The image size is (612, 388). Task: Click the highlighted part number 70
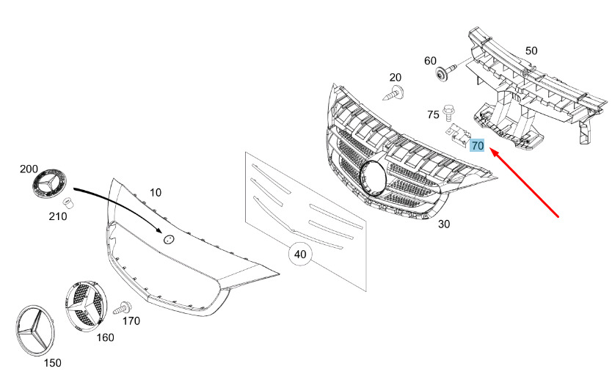pos(477,145)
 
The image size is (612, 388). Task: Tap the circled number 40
pos(299,255)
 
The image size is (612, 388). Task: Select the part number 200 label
pos(29,169)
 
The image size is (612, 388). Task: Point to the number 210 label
pos(57,216)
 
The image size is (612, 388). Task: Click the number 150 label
pos(52,362)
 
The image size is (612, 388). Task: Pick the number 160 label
pos(105,337)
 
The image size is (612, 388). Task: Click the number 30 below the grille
pos(444,224)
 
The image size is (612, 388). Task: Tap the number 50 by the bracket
pos(531,51)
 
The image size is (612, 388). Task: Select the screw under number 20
pos(393,94)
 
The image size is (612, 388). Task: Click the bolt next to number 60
pos(445,72)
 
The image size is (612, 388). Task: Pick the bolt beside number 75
pos(448,112)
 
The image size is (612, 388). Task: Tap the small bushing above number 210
pos(69,202)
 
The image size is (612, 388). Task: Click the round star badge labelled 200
pos(49,183)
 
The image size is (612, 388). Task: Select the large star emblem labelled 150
pos(35,330)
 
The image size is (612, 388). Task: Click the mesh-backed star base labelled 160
pos(86,305)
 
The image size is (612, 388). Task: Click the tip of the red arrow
pos(489,149)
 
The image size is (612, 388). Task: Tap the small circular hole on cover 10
pos(168,240)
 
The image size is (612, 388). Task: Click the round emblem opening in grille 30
pos(373,177)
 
